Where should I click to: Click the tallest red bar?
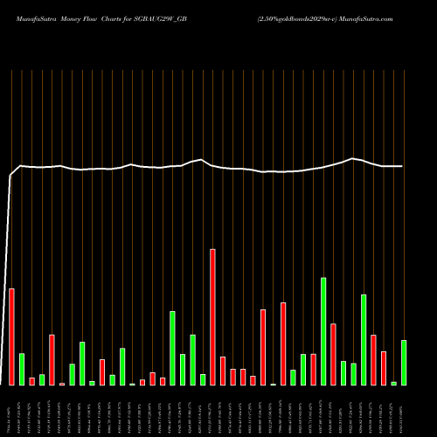click(x=212, y=317)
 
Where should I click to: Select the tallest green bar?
click(x=323, y=331)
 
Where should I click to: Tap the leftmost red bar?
click(x=11, y=336)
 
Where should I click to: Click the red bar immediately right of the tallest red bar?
click(x=223, y=371)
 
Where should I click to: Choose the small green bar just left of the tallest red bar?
click(x=203, y=379)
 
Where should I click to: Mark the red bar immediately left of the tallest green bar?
click(x=314, y=370)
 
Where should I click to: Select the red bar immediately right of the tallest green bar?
click(x=334, y=354)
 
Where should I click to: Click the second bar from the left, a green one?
click(x=22, y=369)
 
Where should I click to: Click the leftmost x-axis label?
click(x=11, y=411)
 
